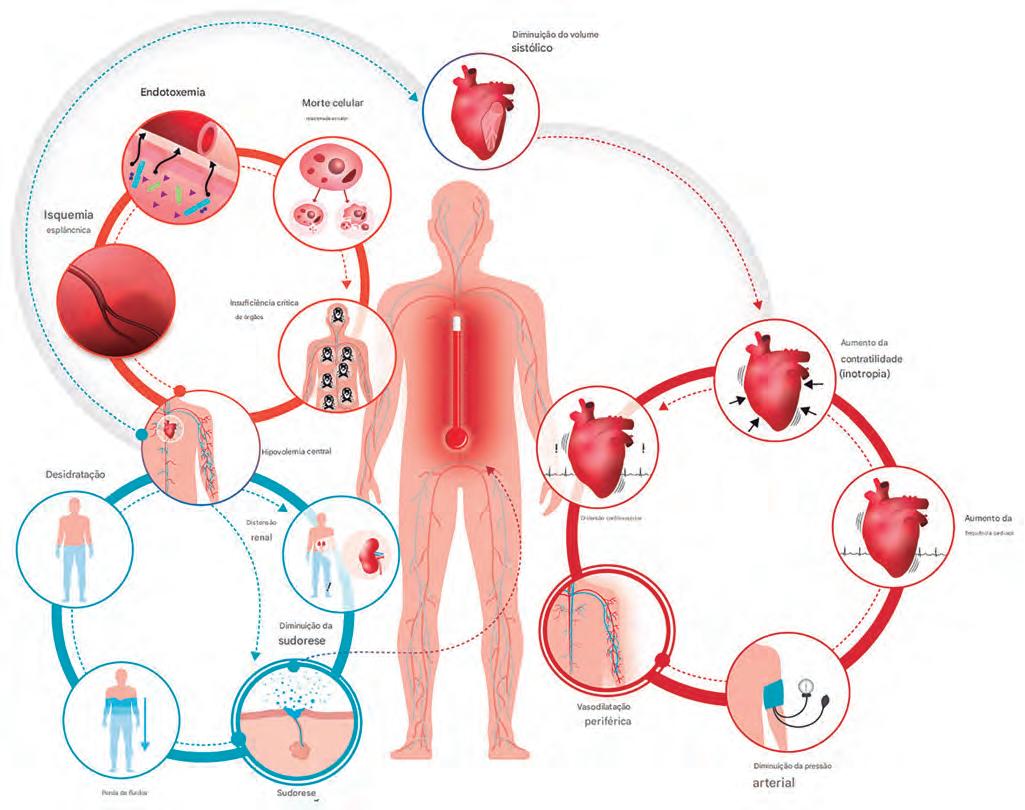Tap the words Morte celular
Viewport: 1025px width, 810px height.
(332, 103)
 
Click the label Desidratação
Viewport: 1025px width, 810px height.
(76, 473)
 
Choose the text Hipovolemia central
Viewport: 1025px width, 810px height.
(295, 451)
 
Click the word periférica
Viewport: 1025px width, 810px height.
(611, 719)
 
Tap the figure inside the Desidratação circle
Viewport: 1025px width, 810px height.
(76, 546)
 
